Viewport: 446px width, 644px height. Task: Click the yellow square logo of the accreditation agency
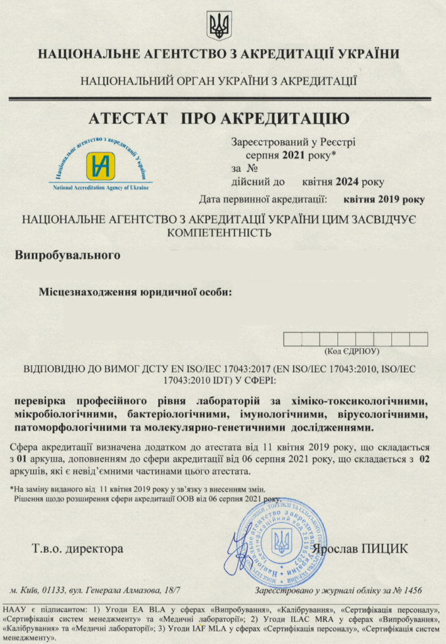100,166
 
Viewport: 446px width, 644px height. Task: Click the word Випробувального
67,255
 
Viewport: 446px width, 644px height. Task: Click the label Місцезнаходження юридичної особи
135,292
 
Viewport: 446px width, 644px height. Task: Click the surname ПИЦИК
384,548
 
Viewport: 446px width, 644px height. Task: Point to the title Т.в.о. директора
77,548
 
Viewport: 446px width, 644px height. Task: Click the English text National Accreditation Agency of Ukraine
100,187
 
